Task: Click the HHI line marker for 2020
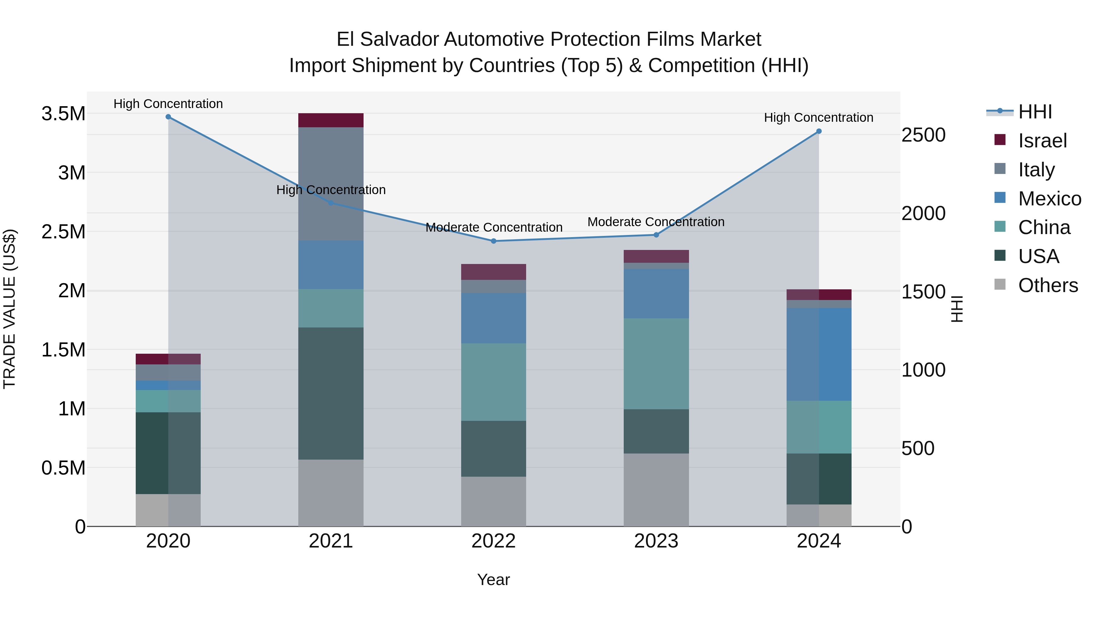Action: coord(168,117)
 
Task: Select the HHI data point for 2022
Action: coord(493,241)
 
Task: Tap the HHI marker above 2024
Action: coord(819,131)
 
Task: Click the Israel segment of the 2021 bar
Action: coord(331,120)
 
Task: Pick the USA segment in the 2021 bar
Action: coord(331,393)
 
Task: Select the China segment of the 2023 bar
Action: coord(656,363)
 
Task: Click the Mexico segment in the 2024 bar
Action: coord(819,354)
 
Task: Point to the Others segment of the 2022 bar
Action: coord(493,501)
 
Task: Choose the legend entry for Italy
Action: coord(1036,169)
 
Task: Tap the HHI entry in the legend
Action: coord(1035,112)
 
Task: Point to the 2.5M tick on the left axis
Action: coord(63,232)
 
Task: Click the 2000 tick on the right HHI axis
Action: coord(923,213)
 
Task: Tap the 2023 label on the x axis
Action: coord(656,541)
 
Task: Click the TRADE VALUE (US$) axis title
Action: coord(9,309)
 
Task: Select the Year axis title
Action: coord(493,580)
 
